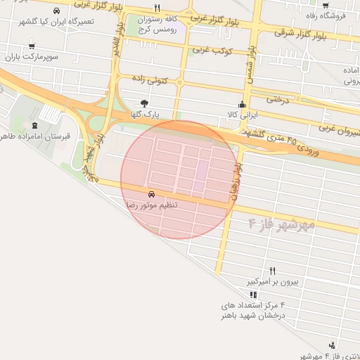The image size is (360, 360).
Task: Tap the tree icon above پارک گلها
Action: coord(145,103)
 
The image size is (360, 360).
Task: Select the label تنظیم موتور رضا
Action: coord(151,205)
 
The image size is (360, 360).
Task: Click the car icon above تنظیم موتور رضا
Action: coord(151,194)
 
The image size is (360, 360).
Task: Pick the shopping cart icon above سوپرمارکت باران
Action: coord(31,46)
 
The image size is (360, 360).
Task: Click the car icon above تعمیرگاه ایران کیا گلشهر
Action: coord(56,11)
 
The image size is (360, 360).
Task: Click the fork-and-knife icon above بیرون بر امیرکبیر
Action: coord(273,271)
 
